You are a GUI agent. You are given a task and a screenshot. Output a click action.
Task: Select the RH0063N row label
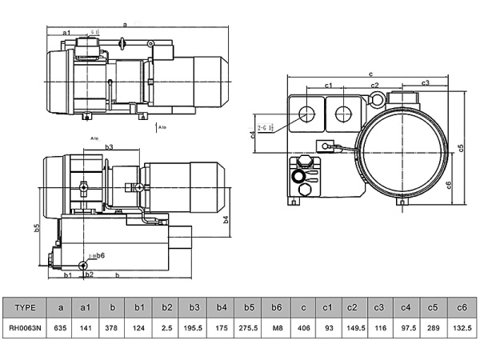[x=26, y=328]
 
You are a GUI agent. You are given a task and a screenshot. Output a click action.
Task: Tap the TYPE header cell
[x=26, y=307]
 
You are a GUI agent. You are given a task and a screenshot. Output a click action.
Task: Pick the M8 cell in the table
[x=276, y=328]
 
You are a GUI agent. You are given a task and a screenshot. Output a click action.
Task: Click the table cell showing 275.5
[x=250, y=328]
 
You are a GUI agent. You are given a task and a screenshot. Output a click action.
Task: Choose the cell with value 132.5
[x=460, y=328]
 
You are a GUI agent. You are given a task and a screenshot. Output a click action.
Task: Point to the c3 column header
[x=380, y=307]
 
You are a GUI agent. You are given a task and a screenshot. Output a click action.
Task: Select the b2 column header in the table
[x=166, y=307]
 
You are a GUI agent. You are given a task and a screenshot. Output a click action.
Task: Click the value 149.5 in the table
[x=354, y=328]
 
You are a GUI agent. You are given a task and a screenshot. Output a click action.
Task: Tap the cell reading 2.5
[x=166, y=328]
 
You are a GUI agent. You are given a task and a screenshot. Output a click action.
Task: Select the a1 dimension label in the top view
[x=66, y=32]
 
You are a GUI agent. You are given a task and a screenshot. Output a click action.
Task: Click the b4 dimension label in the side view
[x=226, y=218]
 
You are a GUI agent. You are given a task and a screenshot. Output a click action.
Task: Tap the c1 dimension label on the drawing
[x=328, y=85]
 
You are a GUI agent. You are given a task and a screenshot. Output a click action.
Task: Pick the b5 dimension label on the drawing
[x=37, y=228]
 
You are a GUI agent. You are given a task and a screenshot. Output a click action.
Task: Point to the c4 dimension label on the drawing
[x=253, y=134]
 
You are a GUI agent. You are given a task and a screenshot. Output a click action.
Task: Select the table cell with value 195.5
[x=194, y=328]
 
